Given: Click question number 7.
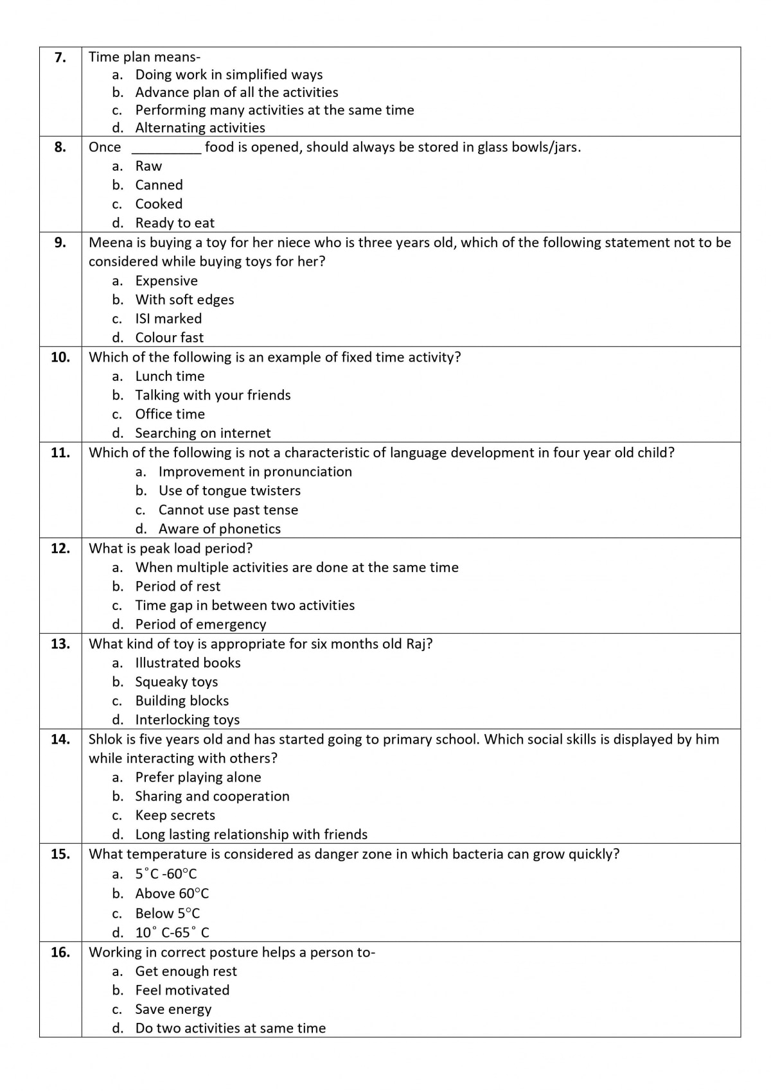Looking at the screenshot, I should pyautogui.click(x=60, y=57).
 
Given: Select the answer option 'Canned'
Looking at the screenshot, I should pyautogui.click(x=159, y=185).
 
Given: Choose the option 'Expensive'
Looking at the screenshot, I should pyautogui.click(x=166, y=281).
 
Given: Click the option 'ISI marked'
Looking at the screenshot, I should pyautogui.click(x=168, y=319).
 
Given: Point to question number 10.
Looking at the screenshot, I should pyautogui.click(x=60, y=357).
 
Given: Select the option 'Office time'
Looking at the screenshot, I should pyautogui.click(x=170, y=414).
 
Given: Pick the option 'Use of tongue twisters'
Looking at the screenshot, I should pyautogui.click(x=229, y=491).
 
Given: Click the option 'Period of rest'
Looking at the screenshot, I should pyautogui.click(x=177, y=586).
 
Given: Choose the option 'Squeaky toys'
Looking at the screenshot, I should pyautogui.click(x=176, y=682).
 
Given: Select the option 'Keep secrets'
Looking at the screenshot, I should pyautogui.click(x=175, y=816).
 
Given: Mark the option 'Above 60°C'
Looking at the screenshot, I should pyautogui.click(x=172, y=893).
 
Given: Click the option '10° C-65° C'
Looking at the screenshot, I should pyautogui.click(x=172, y=932).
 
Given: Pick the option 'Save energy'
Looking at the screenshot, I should pyautogui.click(x=173, y=1009).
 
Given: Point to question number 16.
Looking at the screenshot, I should pyautogui.click(x=60, y=952).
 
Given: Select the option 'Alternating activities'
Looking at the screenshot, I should pyautogui.click(x=200, y=128).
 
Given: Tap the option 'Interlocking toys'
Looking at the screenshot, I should pyautogui.click(x=187, y=720).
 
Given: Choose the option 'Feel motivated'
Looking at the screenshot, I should pyautogui.click(x=182, y=990).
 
